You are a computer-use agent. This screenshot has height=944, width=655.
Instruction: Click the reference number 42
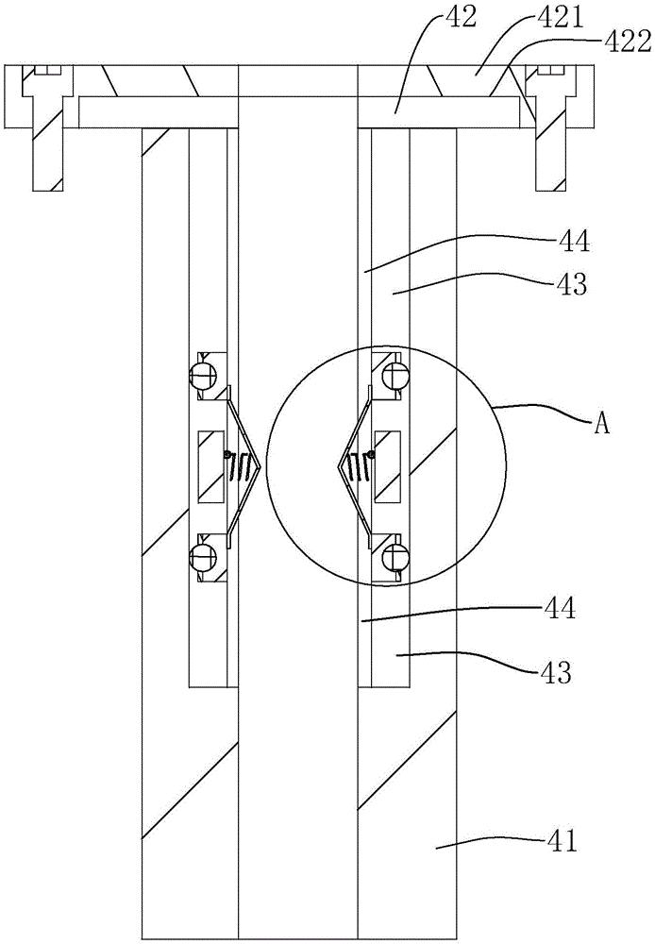coord(462,18)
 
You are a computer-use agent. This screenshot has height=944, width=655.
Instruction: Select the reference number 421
coord(558,18)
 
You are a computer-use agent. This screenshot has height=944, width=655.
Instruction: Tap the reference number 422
coord(626,43)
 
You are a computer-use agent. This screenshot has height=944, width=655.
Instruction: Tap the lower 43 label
coord(554,672)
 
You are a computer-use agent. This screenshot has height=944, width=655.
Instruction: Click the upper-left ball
coord(202,377)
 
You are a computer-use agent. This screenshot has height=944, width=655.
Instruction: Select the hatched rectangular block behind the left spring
coord(210,466)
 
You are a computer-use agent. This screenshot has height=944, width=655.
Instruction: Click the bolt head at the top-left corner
coord(44,71)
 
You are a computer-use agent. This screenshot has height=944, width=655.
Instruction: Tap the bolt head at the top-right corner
coord(549,71)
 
